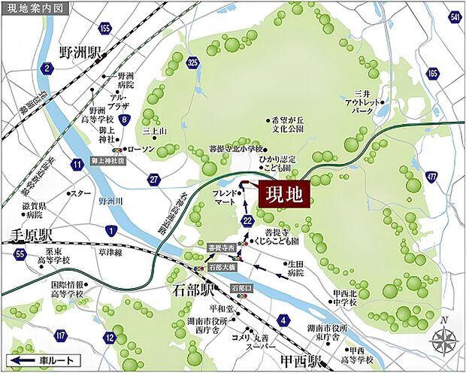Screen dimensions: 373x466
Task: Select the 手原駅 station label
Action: [x=28, y=233]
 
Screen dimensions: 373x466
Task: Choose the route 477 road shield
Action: [x=431, y=177]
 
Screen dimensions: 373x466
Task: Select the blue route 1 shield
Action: [x=112, y=229]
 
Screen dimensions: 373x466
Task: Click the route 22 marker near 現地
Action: [x=249, y=220]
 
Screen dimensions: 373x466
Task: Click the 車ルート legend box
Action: [x=44, y=360]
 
